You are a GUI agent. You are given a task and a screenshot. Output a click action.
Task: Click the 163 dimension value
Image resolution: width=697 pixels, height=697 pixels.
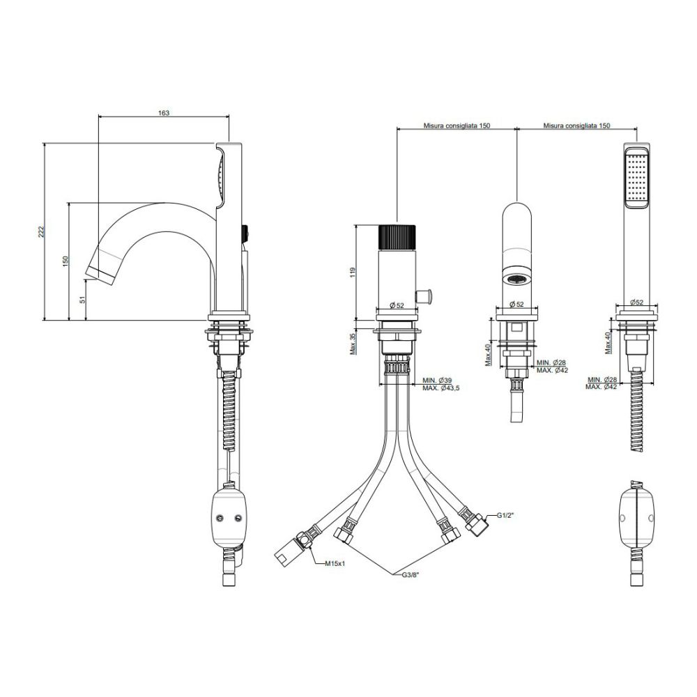164,113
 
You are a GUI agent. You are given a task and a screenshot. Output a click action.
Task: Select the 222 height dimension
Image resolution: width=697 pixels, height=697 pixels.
41,231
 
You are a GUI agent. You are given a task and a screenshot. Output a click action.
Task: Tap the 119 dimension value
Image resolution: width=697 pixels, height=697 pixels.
353,273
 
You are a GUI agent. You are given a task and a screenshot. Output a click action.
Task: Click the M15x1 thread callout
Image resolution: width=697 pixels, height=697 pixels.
335,564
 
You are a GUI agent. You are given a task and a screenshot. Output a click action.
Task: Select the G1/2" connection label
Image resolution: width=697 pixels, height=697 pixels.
505,516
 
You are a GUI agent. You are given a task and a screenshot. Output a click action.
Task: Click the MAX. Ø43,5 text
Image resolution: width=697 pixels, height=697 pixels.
441,388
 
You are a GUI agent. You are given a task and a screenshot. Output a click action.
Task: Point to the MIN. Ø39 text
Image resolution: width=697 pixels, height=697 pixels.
437,381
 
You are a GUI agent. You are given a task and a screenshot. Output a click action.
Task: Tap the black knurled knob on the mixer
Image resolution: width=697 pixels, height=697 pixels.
397,238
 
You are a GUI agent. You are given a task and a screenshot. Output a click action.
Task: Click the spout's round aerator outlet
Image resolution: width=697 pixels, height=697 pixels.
516,279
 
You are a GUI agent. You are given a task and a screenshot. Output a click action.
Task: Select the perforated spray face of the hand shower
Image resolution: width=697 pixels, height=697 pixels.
637,178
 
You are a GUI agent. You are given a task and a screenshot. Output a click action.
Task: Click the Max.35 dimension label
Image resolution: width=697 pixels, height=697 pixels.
353,344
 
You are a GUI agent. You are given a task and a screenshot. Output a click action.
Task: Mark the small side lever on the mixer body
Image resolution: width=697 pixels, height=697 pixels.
425,296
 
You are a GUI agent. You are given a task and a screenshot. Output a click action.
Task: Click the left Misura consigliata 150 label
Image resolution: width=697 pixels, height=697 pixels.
457,125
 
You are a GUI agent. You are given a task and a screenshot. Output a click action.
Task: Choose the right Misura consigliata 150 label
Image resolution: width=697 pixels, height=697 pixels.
576,125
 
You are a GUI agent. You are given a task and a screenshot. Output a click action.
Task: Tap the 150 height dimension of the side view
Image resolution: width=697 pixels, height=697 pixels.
66,261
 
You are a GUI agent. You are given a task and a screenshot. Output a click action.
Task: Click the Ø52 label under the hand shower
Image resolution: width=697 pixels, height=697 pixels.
636,302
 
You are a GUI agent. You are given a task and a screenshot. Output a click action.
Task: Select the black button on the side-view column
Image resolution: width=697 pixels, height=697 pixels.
245,233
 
